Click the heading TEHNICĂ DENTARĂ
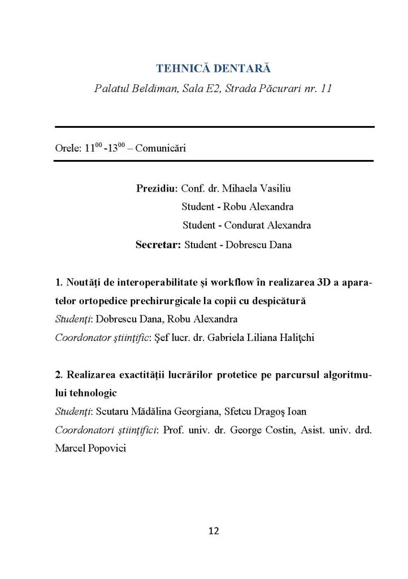click(213, 69)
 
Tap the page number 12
click(214, 530)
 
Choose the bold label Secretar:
click(158, 245)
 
